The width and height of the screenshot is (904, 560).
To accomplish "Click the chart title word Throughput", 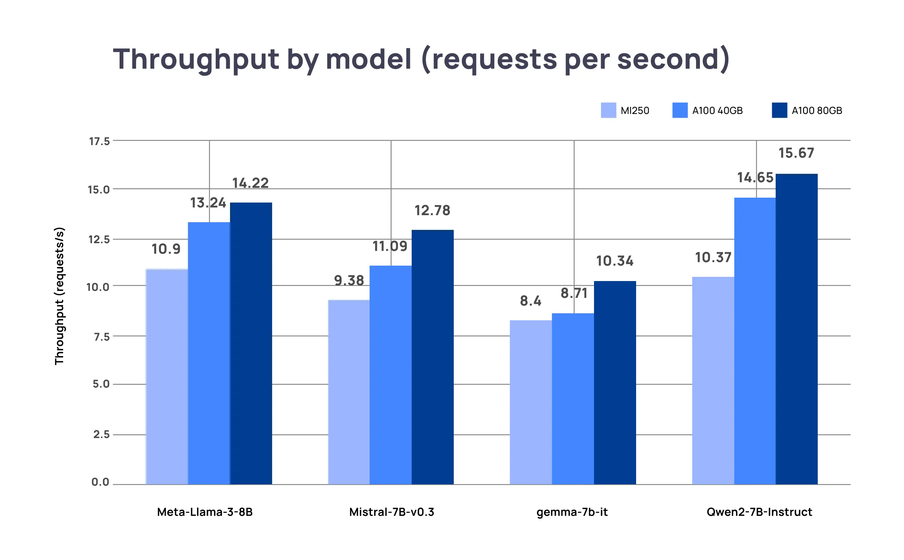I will [196, 59].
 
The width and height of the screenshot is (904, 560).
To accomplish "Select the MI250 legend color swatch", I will [608, 110].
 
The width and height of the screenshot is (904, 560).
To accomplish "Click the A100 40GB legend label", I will [717, 111].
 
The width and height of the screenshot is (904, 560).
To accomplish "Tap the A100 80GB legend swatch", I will [779, 110].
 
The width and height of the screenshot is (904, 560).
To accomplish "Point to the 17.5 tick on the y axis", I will [99, 141].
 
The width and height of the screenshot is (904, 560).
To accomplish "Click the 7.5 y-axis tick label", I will [101, 337].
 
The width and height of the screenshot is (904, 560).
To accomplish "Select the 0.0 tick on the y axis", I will [100, 482].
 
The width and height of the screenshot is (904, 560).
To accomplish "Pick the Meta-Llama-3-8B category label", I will [204, 512].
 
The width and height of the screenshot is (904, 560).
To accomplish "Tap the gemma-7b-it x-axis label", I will [572, 512].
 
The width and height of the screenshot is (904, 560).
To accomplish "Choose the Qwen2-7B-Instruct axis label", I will [759, 512].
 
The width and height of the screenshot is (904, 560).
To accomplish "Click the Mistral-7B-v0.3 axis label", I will [391, 512].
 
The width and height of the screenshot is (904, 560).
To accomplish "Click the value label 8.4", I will [530, 301].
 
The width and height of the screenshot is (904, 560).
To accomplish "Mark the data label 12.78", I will [432, 210].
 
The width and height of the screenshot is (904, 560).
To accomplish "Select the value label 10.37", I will [713, 258].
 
